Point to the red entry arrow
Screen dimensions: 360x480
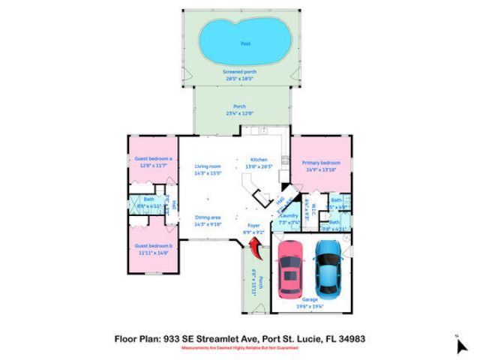(x=256, y=246)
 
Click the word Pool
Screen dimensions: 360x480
(x=245, y=44)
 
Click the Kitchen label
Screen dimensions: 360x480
(x=259, y=160)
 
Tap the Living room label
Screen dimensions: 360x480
(x=206, y=166)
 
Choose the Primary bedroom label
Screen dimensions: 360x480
(x=321, y=163)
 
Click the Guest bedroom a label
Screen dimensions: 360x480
(x=154, y=159)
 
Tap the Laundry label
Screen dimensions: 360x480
(x=289, y=216)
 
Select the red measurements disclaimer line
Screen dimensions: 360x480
(x=239, y=348)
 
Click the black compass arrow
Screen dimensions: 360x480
(x=461, y=346)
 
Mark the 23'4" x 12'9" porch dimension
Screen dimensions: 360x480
(x=239, y=112)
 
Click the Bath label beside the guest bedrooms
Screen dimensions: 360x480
(x=148, y=199)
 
